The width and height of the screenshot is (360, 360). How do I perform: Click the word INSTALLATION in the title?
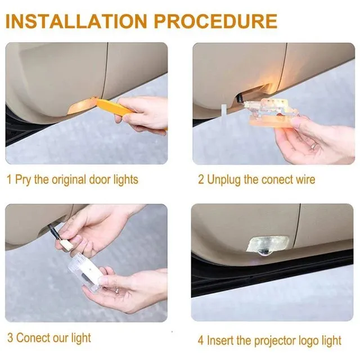coord(76,21)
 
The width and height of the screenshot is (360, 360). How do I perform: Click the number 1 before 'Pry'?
coord(9,180)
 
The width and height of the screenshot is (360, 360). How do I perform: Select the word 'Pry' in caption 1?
coord(24,181)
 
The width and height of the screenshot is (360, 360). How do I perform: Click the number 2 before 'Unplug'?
coord(201,180)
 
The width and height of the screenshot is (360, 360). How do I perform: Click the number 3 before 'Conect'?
coord(10,338)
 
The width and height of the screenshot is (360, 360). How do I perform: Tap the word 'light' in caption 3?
coord(80,338)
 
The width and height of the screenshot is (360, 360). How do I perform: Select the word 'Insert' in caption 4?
coord(220,340)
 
